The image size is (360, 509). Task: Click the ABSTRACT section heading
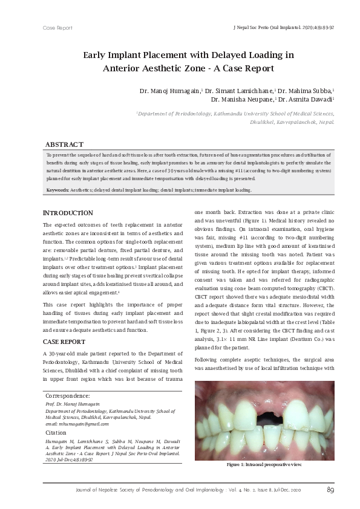65,144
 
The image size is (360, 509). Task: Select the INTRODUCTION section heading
68,213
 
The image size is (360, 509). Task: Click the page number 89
330,490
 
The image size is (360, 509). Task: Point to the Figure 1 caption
264,464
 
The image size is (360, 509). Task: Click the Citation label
56,433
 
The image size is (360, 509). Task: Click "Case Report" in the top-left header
57,28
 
